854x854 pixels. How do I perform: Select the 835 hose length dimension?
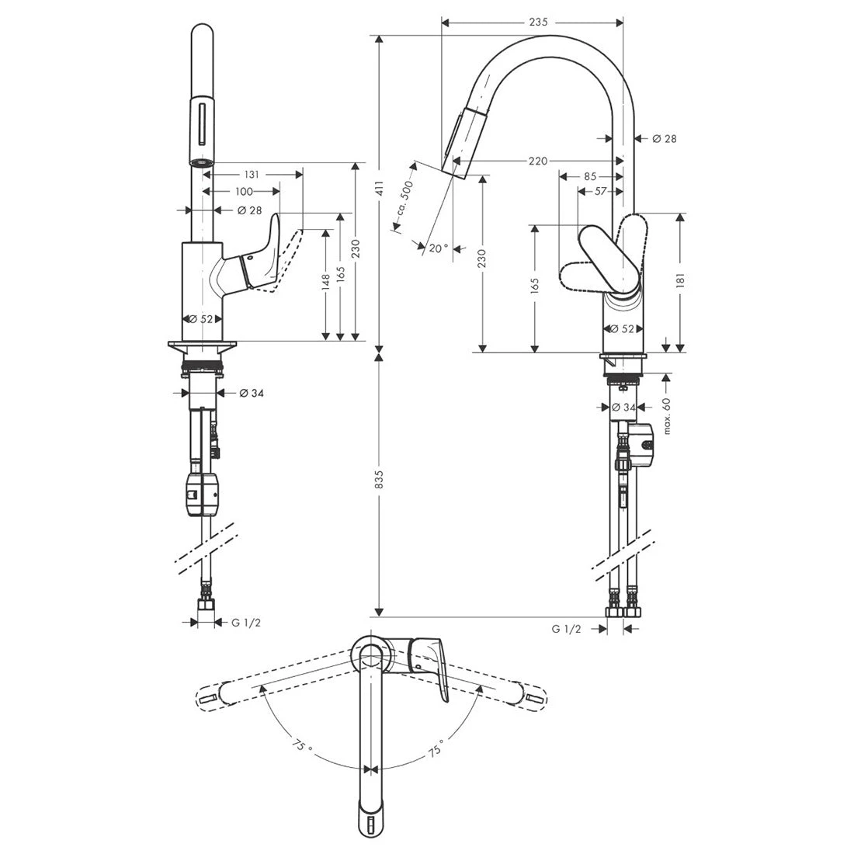click(x=380, y=481)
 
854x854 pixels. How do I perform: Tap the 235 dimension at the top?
click(x=539, y=23)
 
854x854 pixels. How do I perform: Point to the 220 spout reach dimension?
click(x=537, y=161)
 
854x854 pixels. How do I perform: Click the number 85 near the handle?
click(x=589, y=176)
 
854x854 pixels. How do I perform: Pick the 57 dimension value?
click(x=600, y=191)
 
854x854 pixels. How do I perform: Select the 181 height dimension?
click(x=681, y=280)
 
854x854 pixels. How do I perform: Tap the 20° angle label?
click(x=438, y=248)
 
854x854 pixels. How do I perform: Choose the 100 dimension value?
click(x=244, y=191)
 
